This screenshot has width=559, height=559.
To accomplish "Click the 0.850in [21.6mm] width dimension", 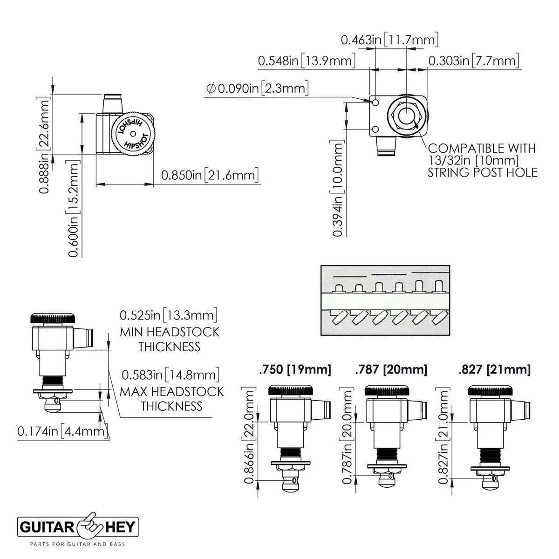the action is coord(210,175).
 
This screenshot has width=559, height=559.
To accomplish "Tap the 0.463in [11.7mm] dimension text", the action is coord(389,40).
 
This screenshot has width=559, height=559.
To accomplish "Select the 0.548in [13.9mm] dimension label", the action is coord(307,61).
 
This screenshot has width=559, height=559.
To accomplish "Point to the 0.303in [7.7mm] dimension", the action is coord(474,61).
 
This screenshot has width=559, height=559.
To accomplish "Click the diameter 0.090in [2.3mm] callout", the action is coord(257,88).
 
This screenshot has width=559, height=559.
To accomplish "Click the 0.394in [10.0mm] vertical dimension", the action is coord(337,188).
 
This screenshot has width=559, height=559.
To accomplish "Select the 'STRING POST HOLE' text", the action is coord(483,173).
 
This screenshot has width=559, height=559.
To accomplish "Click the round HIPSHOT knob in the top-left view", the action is coord(133,134).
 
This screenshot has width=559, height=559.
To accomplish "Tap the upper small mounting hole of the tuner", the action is coord(375,102).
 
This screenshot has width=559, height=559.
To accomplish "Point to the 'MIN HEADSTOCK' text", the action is coord(170,332).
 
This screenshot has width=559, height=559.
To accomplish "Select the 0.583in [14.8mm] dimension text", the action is coord(170,375).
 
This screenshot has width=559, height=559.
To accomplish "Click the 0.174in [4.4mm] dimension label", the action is coord(62,431).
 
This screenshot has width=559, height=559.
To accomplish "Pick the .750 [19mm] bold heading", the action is coord(295,369).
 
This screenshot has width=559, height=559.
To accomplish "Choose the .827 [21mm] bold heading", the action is coord(494,369).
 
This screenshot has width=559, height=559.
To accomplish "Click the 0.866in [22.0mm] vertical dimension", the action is coord(249,435).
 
